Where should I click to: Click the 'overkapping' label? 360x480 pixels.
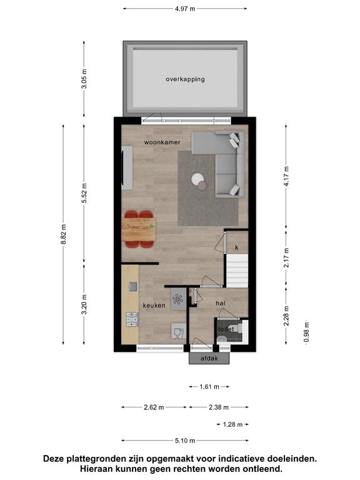185,79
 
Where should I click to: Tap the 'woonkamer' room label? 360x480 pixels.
162,142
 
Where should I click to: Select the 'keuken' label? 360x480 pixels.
154,305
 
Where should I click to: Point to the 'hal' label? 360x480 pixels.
221,303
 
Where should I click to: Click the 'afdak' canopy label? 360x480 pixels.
209,358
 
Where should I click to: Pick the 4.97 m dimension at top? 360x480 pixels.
185,9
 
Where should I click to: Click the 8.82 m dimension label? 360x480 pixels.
63,234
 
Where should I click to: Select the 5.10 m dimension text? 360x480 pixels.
185,441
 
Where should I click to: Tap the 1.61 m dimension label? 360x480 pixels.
209,387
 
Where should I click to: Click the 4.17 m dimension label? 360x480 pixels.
286,176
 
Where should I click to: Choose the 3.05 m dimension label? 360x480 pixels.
84,79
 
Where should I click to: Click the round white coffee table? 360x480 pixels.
197,179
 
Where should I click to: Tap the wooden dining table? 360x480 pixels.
139,229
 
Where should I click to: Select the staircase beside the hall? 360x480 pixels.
237,271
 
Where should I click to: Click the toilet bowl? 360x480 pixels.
221,338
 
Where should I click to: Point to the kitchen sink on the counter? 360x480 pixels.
133,286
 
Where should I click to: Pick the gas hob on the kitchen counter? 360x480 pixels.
132,319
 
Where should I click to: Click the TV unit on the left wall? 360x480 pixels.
127,167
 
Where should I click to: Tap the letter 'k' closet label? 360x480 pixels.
237,247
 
